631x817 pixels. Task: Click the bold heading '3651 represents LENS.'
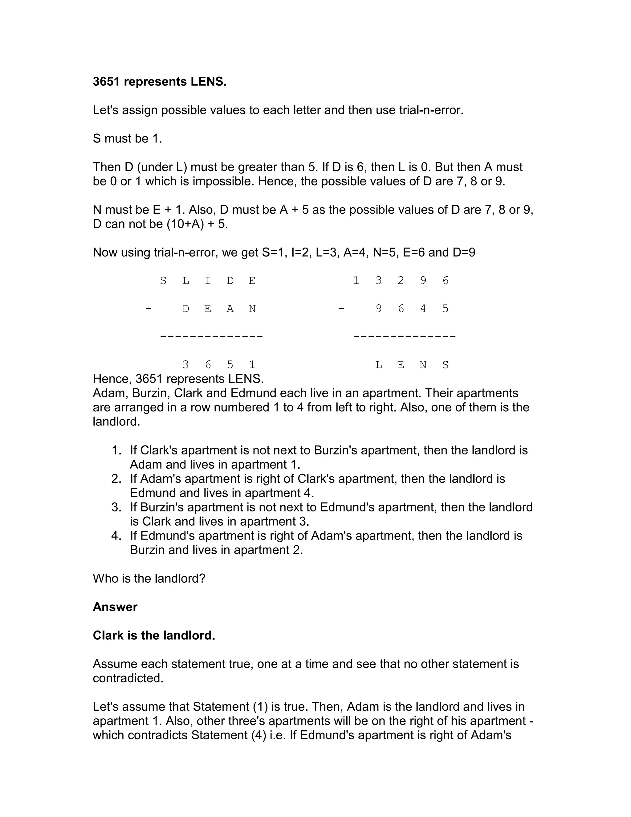160,82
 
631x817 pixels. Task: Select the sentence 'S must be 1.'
127,139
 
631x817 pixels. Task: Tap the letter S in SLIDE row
163,281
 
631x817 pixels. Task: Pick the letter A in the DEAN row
230,309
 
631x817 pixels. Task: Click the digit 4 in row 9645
423,309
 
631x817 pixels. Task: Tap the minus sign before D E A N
149,309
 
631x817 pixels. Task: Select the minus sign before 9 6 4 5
341,309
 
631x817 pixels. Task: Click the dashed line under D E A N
211,337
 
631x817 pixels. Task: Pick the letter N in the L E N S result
423,365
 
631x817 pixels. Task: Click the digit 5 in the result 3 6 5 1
230,365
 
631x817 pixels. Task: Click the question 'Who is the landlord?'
149,579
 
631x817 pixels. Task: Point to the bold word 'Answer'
115,607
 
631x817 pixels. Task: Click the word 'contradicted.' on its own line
128,678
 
